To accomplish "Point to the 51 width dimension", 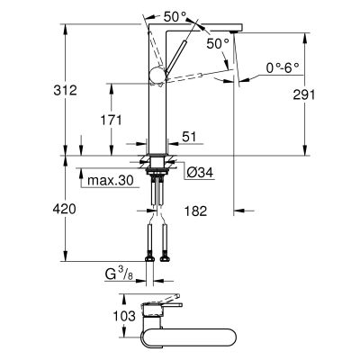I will (x=190, y=137).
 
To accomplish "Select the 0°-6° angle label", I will (x=283, y=67).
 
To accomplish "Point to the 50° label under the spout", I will (x=219, y=43).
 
